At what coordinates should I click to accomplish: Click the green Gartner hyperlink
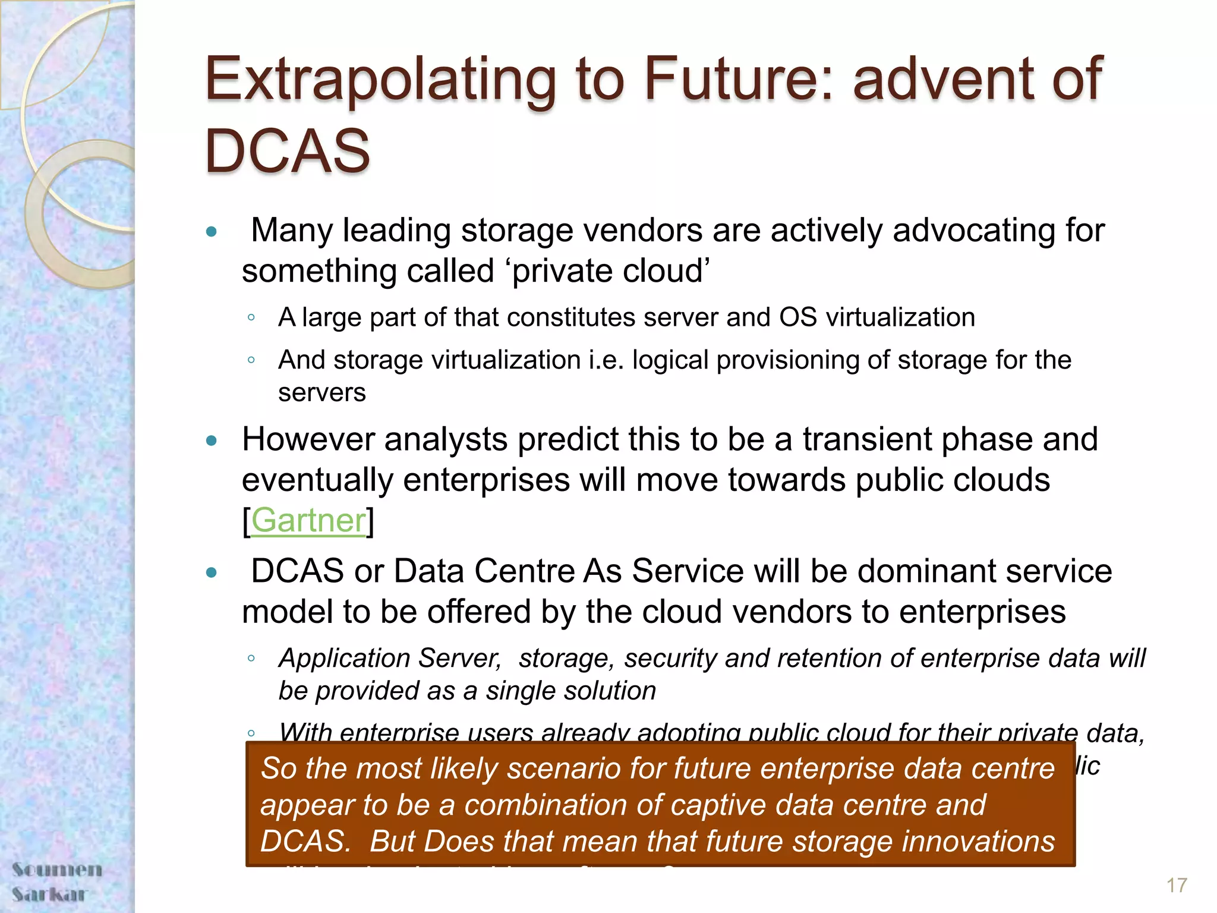[308, 521]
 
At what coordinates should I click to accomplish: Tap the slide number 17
[1176, 885]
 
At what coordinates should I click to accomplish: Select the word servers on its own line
[321, 393]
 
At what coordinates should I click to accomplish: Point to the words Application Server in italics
[390, 659]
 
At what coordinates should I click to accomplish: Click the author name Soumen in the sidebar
[57, 870]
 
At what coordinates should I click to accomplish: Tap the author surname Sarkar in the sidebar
[50, 894]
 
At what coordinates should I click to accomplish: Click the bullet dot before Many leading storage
[211, 231]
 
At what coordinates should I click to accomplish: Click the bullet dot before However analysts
[211, 440]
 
